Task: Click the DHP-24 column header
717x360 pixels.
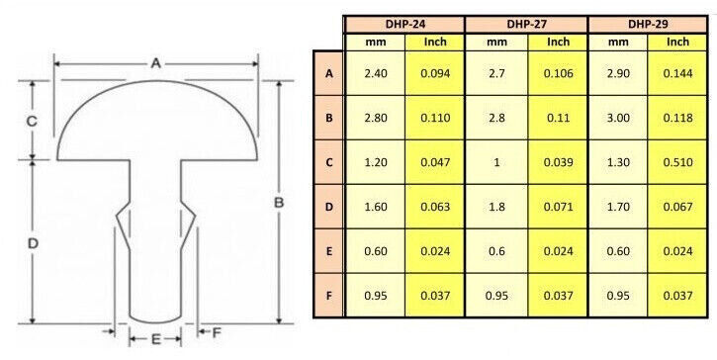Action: point(403,25)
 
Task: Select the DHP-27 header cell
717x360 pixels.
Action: point(526,25)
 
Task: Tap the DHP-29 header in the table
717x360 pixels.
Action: point(648,25)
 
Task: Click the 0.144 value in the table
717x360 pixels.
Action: point(677,73)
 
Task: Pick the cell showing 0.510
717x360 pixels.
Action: point(677,162)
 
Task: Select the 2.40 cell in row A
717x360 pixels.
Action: point(376,73)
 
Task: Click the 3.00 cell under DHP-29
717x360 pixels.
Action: point(618,118)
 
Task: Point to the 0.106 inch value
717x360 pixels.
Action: point(558,73)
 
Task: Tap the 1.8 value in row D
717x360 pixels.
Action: point(496,207)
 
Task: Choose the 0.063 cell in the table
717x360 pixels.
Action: point(435,207)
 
